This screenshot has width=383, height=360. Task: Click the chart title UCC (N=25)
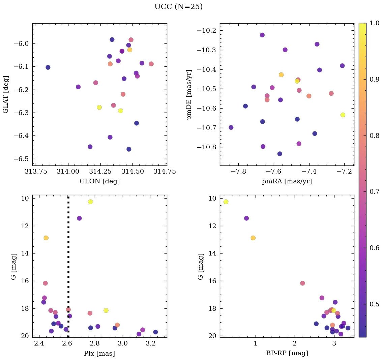[x=178, y=7]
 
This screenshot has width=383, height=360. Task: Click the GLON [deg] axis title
[x=99, y=181]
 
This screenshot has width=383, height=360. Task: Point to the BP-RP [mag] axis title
[x=287, y=354]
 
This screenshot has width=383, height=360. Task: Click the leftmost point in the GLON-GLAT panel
[x=48, y=67]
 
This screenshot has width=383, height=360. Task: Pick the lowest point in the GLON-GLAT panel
[x=129, y=149]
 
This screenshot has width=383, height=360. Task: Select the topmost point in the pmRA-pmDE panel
[x=262, y=35]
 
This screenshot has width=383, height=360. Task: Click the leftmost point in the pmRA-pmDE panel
[x=231, y=127]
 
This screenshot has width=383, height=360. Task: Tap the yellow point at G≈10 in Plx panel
[x=90, y=202]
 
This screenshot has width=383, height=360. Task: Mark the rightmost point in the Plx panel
[x=155, y=332]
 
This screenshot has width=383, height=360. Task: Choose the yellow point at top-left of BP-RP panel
[x=226, y=202]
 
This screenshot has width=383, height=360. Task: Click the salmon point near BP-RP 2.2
[x=302, y=283]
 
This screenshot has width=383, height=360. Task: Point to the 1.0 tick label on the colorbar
[x=375, y=23]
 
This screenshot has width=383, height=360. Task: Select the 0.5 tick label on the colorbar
[x=375, y=304]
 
